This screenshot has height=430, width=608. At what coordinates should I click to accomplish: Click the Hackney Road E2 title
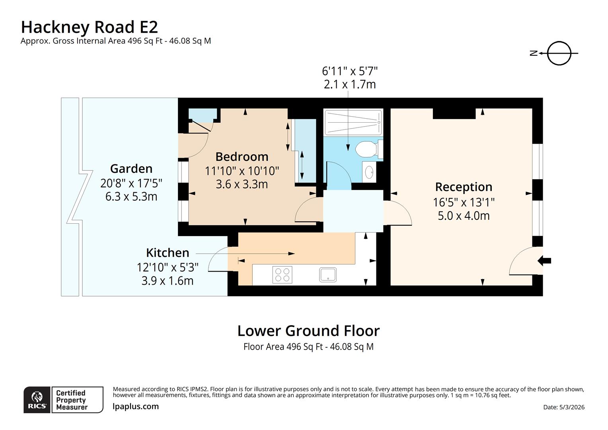(x=89, y=27)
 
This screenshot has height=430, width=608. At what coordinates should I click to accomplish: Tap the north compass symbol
(x=559, y=53)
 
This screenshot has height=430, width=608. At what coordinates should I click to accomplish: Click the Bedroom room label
(x=242, y=156)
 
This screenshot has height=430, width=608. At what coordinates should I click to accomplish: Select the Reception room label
(x=464, y=187)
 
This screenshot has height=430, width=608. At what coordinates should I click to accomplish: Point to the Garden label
(x=131, y=169)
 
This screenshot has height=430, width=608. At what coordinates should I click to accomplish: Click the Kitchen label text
(x=167, y=253)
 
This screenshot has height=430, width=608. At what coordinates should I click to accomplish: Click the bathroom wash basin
(x=369, y=172)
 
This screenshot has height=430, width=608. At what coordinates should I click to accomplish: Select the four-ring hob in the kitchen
(x=282, y=275)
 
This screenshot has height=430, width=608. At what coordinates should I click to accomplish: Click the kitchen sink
(x=327, y=275)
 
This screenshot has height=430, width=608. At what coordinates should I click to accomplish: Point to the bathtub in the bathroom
(x=353, y=123)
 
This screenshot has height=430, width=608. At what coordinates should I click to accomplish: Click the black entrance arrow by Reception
(x=544, y=261)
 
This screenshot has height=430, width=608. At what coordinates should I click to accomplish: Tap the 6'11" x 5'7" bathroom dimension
(x=349, y=71)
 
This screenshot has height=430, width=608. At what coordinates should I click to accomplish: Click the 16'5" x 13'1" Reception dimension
(x=464, y=202)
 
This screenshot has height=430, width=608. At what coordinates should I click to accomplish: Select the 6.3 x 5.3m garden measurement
(x=131, y=197)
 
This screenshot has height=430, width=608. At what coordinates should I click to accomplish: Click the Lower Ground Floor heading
(x=308, y=331)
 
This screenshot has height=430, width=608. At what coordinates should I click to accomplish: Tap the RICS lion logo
(x=37, y=400)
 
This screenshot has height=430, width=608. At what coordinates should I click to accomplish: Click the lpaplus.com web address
(x=136, y=407)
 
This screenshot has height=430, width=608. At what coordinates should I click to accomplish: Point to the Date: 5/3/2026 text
(x=563, y=407)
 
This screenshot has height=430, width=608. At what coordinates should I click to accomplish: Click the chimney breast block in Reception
(x=454, y=113)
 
